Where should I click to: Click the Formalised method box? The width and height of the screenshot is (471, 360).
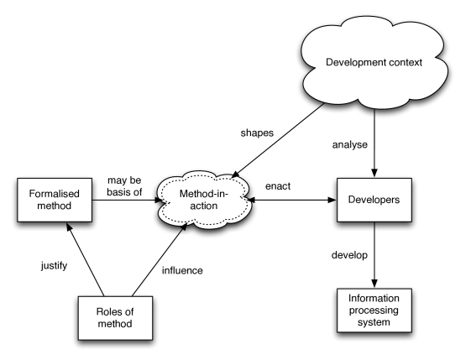click(x=55, y=200)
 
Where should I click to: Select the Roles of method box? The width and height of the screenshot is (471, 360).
click(x=115, y=318)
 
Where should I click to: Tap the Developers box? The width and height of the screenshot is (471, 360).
click(x=374, y=200)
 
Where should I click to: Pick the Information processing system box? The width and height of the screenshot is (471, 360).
click(x=374, y=310)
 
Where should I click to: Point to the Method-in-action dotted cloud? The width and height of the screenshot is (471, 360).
click(x=204, y=200)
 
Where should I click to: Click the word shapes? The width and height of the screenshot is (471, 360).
click(x=257, y=133)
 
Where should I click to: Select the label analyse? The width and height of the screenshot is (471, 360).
click(x=349, y=145)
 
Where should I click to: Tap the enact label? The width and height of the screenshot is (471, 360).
click(x=278, y=186)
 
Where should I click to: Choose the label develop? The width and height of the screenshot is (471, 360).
click(x=349, y=255)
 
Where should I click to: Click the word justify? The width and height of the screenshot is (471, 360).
click(x=54, y=266)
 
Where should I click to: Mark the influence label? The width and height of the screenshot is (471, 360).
click(x=182, y=270)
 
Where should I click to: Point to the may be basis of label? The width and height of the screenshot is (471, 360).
click(x=124, y=186)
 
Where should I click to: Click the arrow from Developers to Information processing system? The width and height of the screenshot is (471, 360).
click(x=374, y=255)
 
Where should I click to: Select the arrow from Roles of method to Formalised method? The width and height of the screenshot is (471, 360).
click(x=86, y=259)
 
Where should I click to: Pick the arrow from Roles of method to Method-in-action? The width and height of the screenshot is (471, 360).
click(x=160, y=259)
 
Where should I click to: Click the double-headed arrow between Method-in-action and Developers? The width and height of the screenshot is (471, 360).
click(x=291, y=200)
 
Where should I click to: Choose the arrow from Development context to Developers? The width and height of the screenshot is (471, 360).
click(x=374, y=143)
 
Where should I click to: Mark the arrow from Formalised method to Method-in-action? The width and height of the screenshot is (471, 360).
click(x=128, y=200)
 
